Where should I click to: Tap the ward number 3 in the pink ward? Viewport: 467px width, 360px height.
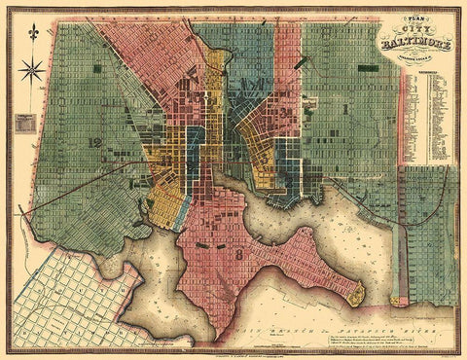pyautogui.click(x=287, y=117)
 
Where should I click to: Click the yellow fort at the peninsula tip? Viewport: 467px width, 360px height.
pyautogui.click(x=357, y=290)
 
